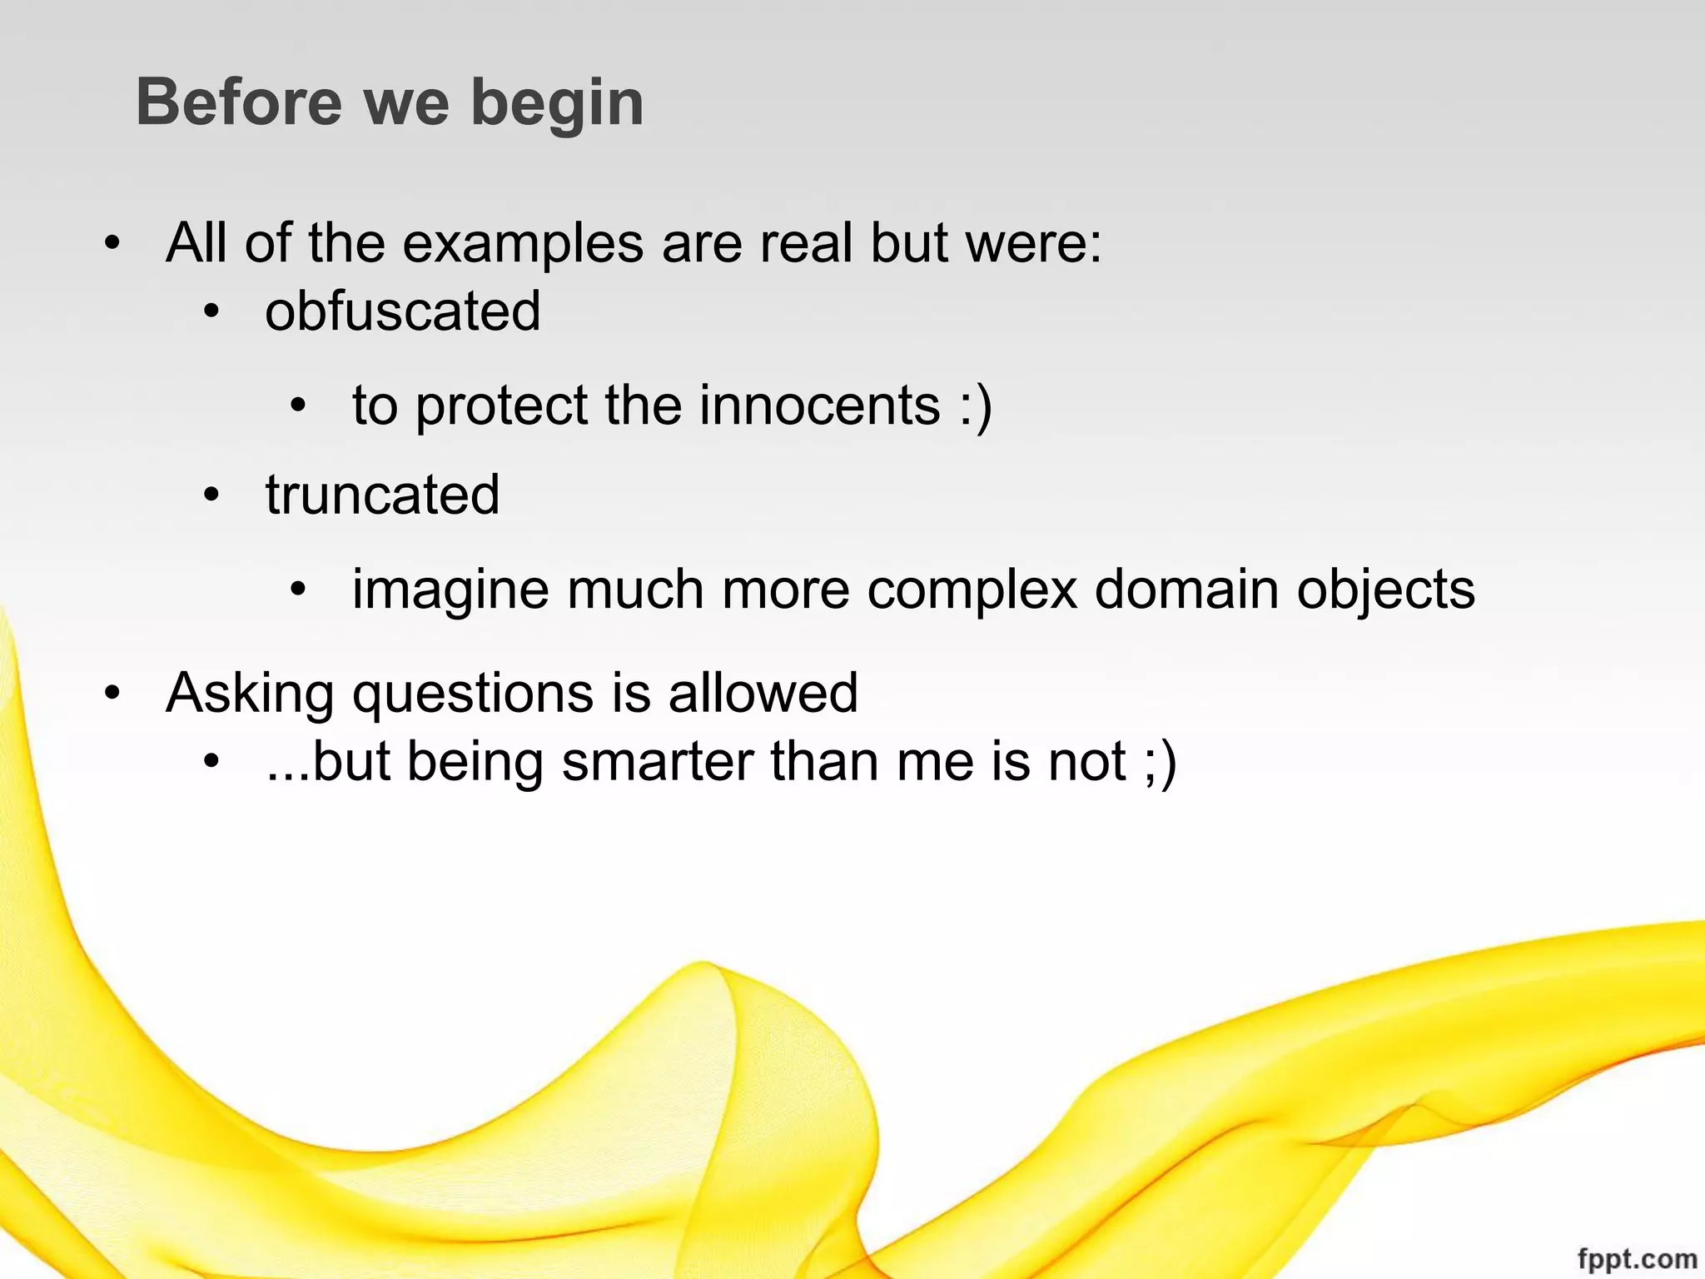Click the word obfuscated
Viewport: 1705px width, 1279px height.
pos(403,311)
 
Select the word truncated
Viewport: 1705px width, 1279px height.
pos(382,495)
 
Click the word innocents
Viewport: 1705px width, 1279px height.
pos(820,406)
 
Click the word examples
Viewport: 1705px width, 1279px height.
pos(523,244)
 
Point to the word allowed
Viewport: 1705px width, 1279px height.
pos(763,693)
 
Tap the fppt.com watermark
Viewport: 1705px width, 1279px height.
pos(1637,1259)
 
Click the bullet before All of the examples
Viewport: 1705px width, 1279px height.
pos(112,245)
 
